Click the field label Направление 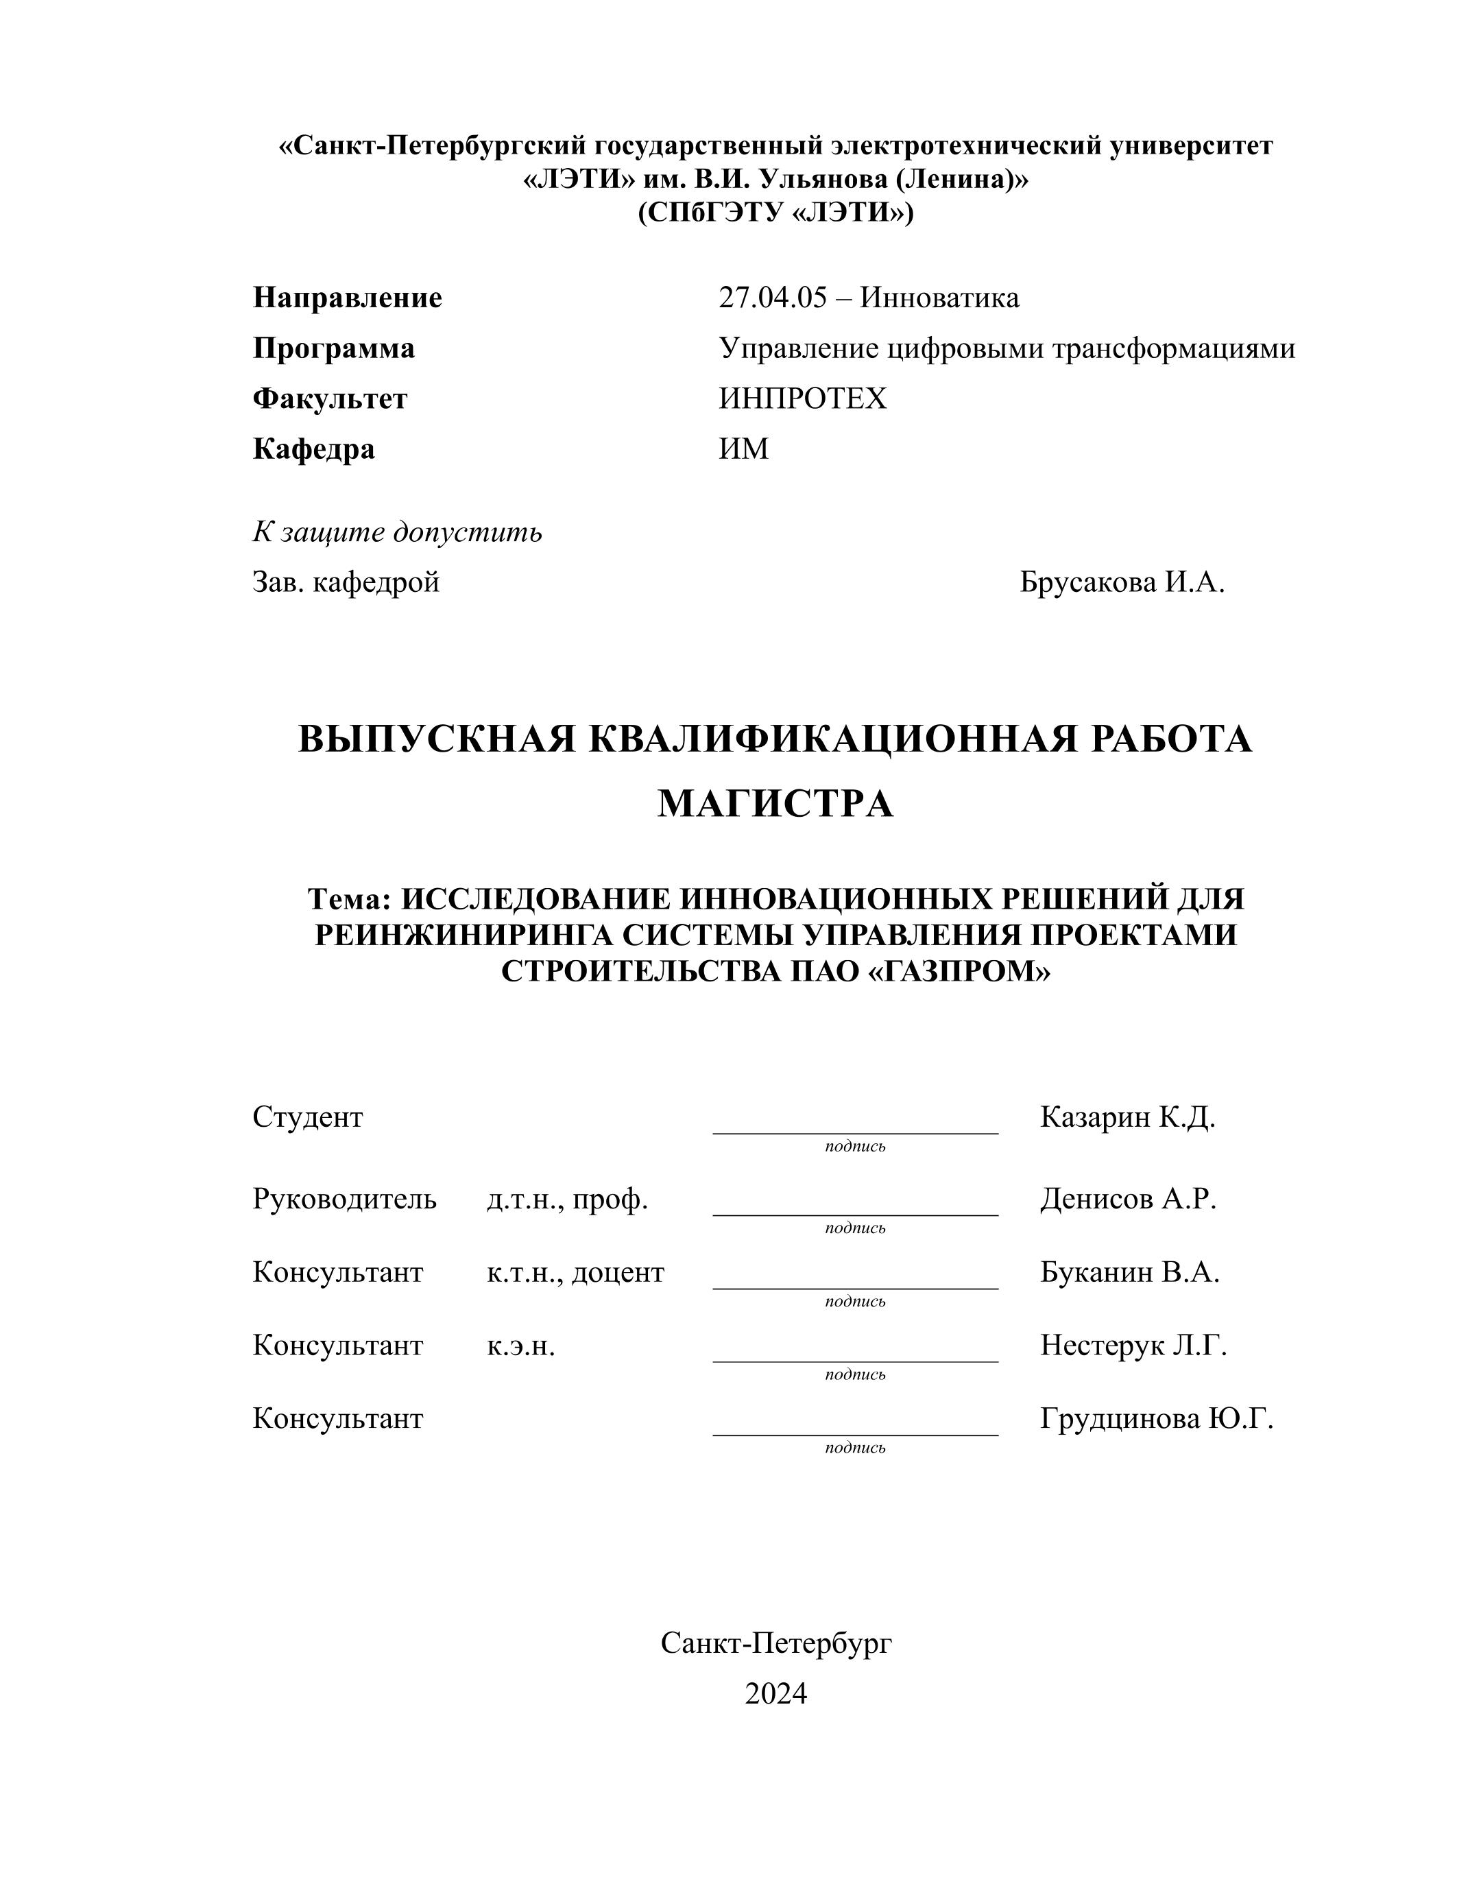click(347, 298)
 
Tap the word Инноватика click(939, 298)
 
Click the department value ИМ click(743, 449)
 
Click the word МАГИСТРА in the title click(775, 804)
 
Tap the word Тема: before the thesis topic click(350, 899)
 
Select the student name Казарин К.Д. click(1127, 1117)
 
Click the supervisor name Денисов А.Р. click(1128, 1199)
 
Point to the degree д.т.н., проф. click(567, 1199)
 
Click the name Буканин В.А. click(1129, 1272)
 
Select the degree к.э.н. click(520, 1346)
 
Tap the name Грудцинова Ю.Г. click(1157, 1419)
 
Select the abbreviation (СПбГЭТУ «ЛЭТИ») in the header click(775, 213)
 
